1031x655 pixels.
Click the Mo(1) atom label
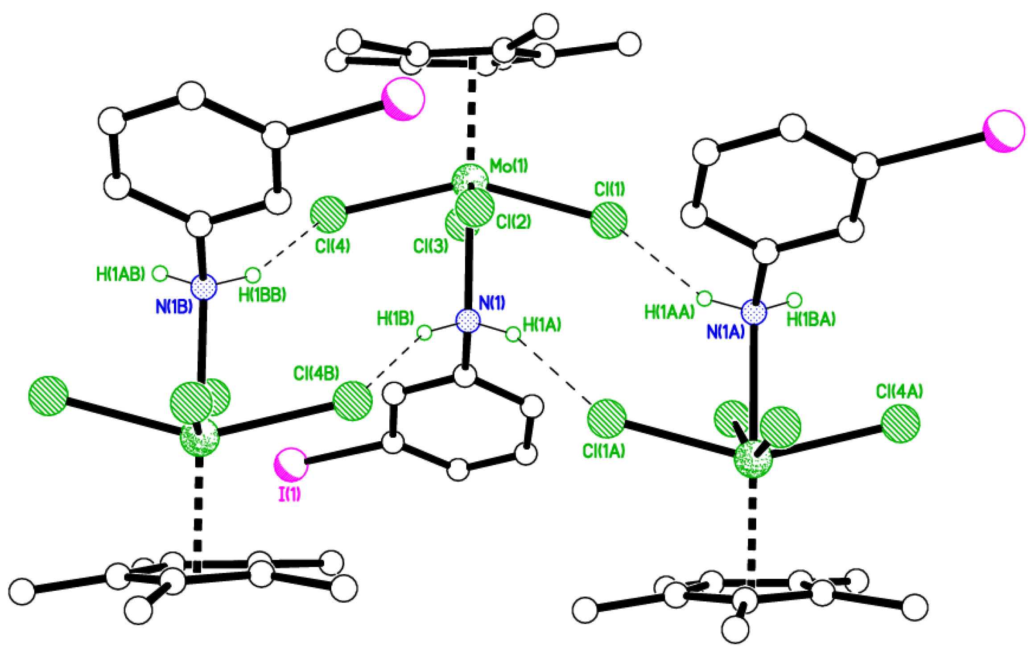(508, 166)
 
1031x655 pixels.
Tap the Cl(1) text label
(609, 189)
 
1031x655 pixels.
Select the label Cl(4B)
(316, 373)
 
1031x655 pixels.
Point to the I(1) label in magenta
(289, 494)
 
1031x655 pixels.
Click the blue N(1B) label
(174, 307)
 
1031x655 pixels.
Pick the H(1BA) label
(811, 319)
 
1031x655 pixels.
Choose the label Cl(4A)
(899, 392)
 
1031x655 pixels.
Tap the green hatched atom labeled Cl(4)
(328, 215)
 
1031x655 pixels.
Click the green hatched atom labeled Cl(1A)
(606, 419)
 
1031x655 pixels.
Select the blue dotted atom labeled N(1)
(468, 320)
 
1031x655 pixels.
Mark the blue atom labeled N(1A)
(754, 312)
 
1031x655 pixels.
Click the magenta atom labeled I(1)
(291, 464)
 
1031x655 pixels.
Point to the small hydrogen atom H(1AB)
(160, 273)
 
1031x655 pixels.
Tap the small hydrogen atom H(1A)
(513, 334)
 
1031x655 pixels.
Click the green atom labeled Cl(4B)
(352, 401)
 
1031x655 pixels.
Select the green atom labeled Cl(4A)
(900, 423)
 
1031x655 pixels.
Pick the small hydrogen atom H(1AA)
(705, 298)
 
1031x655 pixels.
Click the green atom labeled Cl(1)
(609, 220)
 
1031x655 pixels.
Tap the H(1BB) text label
(262, 295)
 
